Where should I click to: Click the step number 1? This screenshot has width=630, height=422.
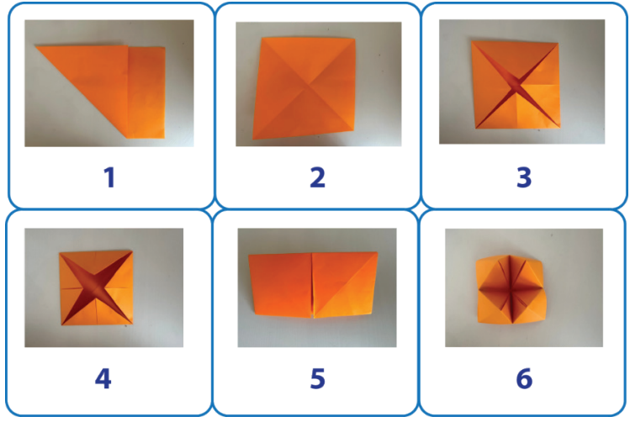coord(109,177)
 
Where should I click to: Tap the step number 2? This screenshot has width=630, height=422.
coord(317,177)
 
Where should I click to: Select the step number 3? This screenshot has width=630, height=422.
coord(524,177)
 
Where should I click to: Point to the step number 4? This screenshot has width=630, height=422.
coord(103,378)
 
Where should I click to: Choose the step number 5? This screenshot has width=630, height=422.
coord(317,378)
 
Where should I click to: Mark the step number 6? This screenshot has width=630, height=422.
coord(524,378)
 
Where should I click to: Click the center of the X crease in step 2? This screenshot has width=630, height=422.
coord(309,85)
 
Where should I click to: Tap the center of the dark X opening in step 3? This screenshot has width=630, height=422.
coord(516,85)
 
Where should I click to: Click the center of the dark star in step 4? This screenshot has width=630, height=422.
coord(97,287)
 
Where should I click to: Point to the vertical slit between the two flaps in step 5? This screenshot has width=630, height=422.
coord(312,286)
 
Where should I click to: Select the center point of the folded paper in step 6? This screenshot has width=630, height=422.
coord(510,288)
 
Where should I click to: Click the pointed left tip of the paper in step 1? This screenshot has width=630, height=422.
coord(36,46)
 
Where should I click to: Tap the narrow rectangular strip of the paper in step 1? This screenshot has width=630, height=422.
coord(146,92)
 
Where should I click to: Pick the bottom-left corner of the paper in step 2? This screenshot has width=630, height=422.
coord(253,139)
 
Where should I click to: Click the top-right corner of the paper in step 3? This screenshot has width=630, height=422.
coord(558,43)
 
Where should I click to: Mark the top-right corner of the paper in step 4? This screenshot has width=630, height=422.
coord(132,251)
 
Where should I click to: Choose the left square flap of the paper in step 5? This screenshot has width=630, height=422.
coord(280,285)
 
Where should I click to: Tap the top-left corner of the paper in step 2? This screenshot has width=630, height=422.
coord(262,38)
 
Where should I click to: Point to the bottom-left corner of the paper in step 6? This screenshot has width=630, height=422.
coord(478,322)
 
